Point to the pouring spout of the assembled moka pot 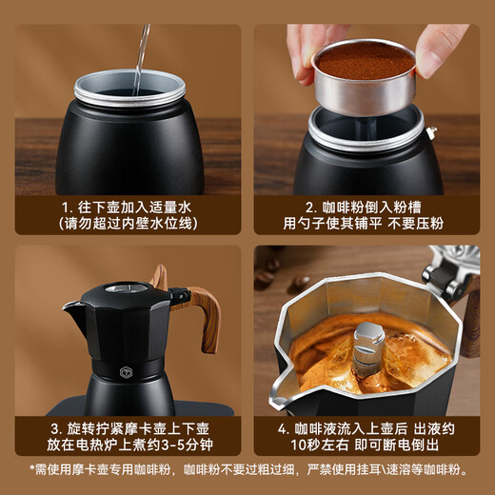tap(72, 308)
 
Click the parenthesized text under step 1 tap(128, 224)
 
